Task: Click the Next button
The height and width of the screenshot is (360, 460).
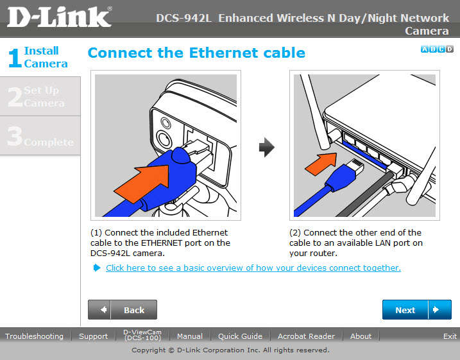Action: [416, 309]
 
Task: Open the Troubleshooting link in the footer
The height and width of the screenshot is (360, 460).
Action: [35, 336]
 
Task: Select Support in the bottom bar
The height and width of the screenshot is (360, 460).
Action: [93, 336]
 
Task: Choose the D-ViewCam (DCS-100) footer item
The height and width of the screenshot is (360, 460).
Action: [142, 335]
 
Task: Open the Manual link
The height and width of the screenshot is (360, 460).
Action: [190, 336]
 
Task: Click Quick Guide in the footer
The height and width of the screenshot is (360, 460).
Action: [240, 336]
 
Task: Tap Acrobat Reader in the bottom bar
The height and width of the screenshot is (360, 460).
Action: [306, 336]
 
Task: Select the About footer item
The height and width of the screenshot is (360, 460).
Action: [361, 336]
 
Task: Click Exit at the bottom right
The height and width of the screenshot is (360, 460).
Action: [450, 336]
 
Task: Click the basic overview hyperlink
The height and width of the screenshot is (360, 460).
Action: [253, 268]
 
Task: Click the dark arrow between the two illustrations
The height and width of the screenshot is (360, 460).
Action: [267, 147]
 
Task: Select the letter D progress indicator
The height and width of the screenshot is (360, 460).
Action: [450, 49]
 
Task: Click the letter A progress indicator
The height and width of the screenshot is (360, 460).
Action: [425, 49]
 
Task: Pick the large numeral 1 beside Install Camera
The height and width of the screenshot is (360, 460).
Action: [15, 58]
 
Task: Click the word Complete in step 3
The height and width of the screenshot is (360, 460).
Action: [49, 142]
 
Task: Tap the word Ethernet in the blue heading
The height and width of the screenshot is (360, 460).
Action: [224, 53]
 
